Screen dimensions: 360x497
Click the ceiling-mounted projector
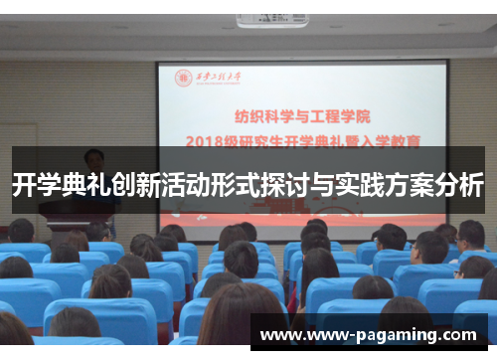[x=270, y=20]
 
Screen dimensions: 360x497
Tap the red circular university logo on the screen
[x=184, y=78]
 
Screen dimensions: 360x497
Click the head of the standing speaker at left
[x=94, y=159]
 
